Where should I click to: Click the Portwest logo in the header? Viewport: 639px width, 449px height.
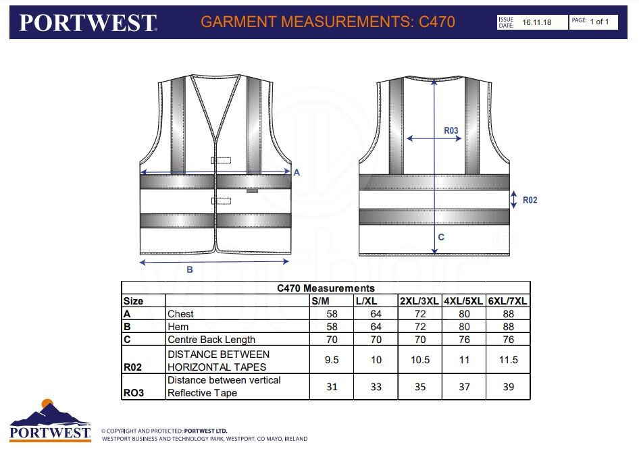coord(88,23)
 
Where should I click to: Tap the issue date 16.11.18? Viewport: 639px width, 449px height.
coord(537,22)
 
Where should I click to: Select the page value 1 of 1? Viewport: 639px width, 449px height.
coord(599,22)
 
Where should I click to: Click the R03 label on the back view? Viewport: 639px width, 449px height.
coord(451,130)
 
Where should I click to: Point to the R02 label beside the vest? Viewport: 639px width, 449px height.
coord(530,200)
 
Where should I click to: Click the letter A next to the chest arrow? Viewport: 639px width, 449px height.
coord(297,172)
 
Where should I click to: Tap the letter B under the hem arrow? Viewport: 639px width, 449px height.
coord(190,269)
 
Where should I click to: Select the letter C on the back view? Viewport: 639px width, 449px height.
coord(441,237)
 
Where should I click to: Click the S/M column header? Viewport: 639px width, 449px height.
coord(320,301)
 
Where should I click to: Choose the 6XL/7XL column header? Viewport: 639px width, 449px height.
coord(508,301)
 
